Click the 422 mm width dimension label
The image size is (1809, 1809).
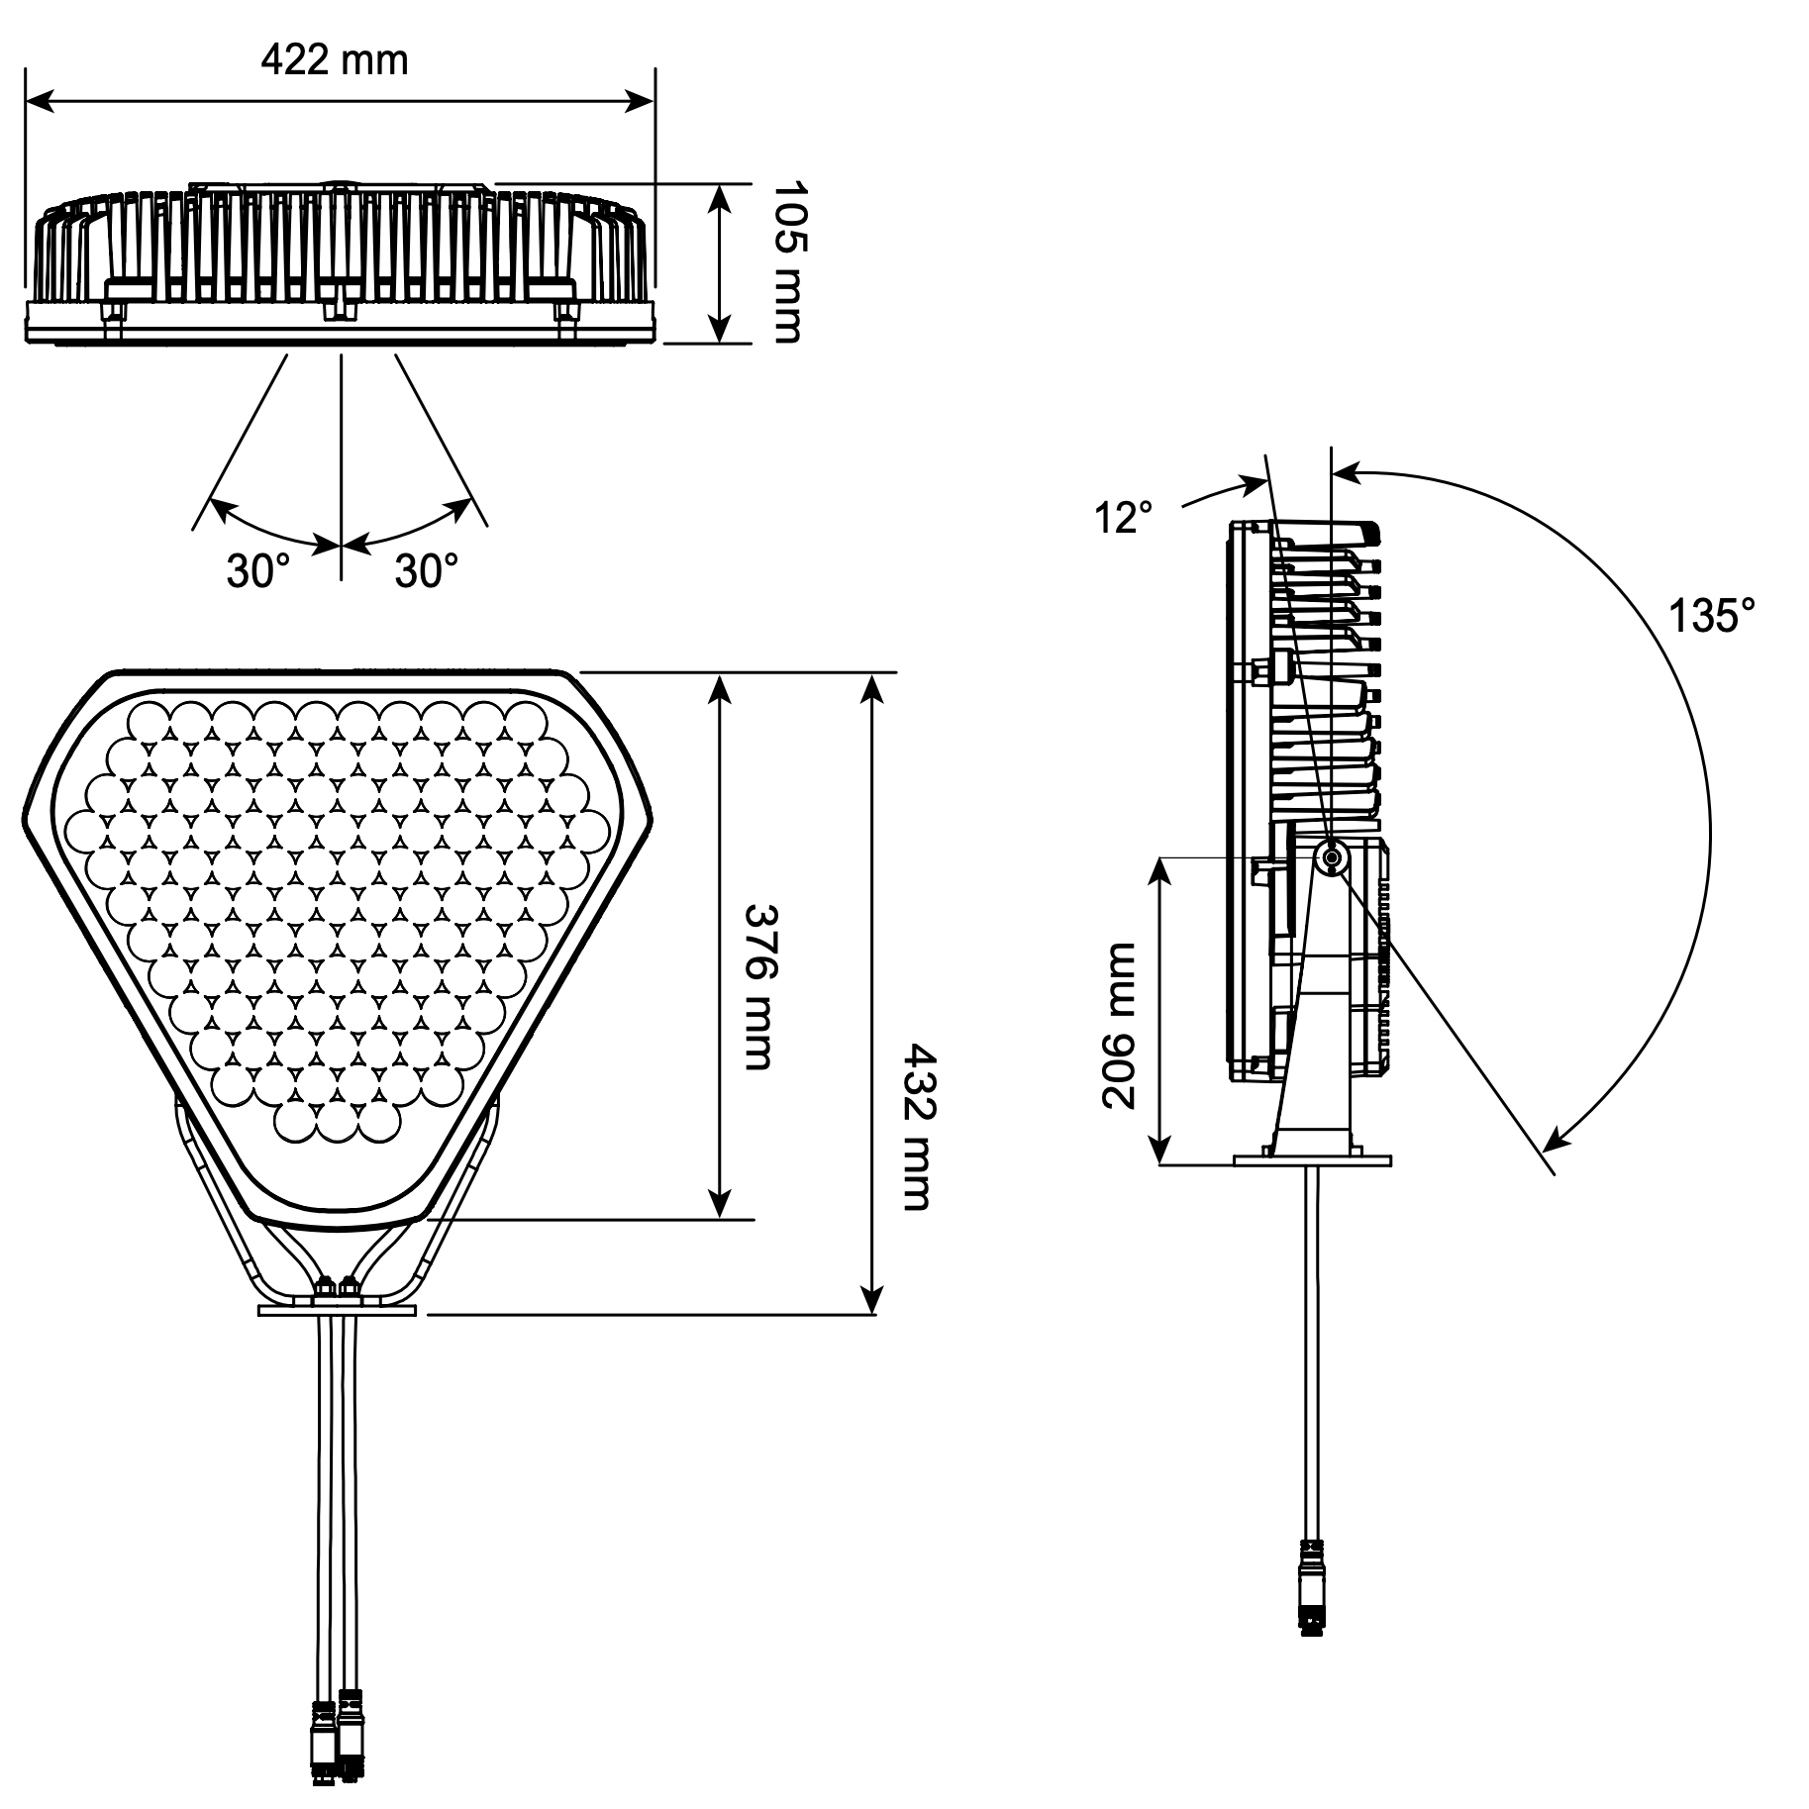click(x=335, y=60)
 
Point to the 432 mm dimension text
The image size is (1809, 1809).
click(x=916, y=1127)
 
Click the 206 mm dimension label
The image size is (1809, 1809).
click(x=1119, y=1025)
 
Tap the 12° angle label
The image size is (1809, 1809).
click(x=1124, y=517)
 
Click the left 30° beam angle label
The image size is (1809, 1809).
click(x=258, y=570)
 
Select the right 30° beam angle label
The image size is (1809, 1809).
click(x=427, y=570)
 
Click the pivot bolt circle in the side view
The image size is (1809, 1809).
click(x=1332, y=857)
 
